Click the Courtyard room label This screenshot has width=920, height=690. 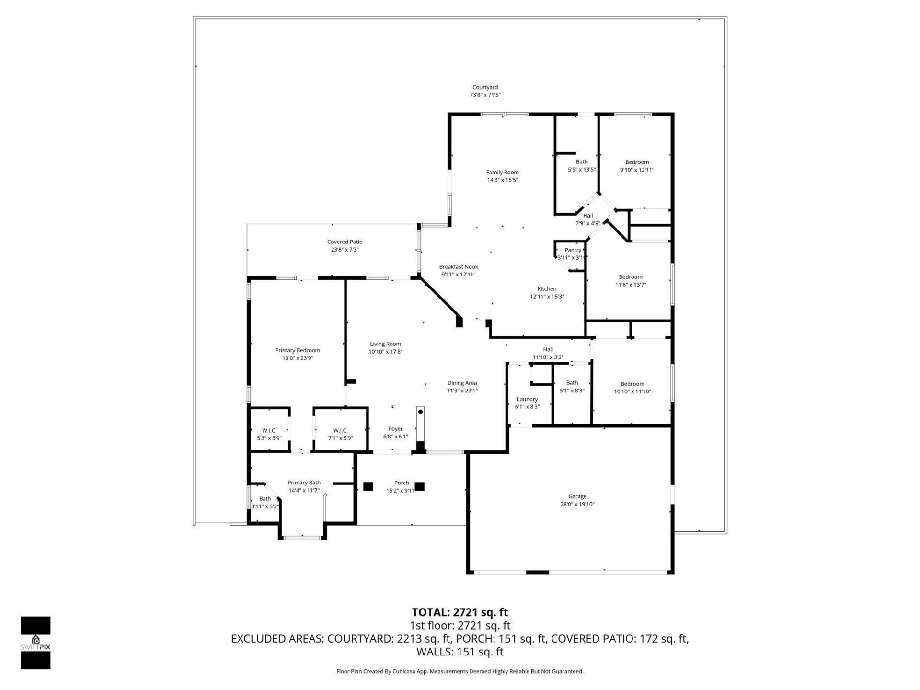pos(485,88)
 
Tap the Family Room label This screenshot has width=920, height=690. pos(502,172)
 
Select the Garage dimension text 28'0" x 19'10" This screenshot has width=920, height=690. pos(577,504)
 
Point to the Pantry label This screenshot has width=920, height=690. pos(573,250)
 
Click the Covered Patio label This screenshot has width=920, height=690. pos(345,242)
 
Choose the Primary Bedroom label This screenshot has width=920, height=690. pos(297,350)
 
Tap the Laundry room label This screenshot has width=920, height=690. pos(527,399)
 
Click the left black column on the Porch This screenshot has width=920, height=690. pos(368,486)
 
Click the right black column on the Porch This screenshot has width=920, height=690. pos(419,486)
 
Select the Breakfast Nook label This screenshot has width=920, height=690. pos(459,267)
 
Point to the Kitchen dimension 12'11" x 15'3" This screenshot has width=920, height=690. pos(547,297)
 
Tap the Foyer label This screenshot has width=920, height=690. pos(395,429)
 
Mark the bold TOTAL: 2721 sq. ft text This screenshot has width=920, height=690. pos(460,612)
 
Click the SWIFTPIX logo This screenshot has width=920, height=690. pos(35,643)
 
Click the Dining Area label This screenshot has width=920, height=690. pos(462,383)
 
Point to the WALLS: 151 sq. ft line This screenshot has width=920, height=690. pos(460,652)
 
